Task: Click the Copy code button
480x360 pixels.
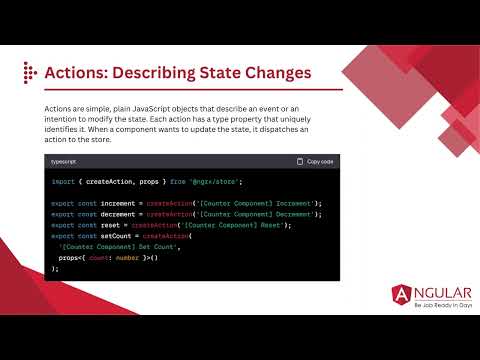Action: pyautogui.click(x=315, y=161)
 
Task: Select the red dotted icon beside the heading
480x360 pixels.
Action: pyautogui.click(x=30, y=72)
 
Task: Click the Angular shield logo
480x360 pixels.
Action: pyautogui.click(x=402, y=294)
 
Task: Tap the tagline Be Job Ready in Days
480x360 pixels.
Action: pyautogui.click(x=430, y=305)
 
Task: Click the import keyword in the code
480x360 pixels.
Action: pyautogui.click(x=62, y=182)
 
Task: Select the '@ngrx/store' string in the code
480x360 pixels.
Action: pyautogui.click(x=185, y=182)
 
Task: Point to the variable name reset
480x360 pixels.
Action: pyautogui.click(x=104, y=224)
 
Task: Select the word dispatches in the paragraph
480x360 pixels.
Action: pyautogui.click(x=252, y=130)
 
